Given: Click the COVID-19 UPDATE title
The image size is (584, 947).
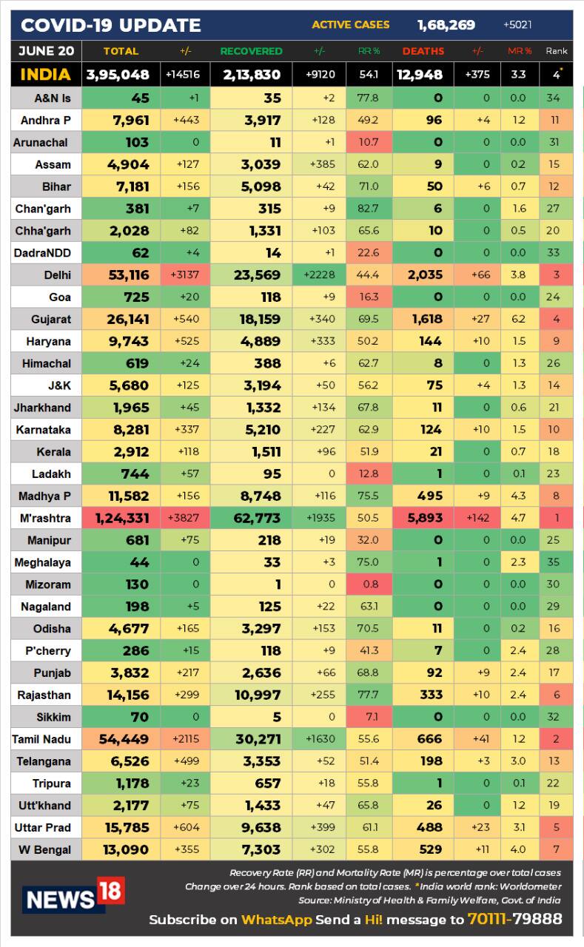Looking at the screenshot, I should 110,26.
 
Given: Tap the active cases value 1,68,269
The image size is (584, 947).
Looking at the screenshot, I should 446,25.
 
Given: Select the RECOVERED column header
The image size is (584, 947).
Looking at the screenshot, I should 251,51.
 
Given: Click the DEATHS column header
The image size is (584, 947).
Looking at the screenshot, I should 423,51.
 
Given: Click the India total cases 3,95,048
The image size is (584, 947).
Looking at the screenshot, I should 118,75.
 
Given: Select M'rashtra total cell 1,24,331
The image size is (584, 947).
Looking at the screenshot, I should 122,518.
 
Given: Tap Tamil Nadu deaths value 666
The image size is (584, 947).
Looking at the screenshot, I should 429,739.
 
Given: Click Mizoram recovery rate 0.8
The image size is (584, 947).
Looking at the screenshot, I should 369,584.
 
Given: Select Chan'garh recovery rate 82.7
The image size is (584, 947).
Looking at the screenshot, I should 369,209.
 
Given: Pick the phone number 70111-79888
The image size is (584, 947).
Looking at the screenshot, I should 514,920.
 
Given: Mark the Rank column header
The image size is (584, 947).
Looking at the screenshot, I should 557,51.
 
